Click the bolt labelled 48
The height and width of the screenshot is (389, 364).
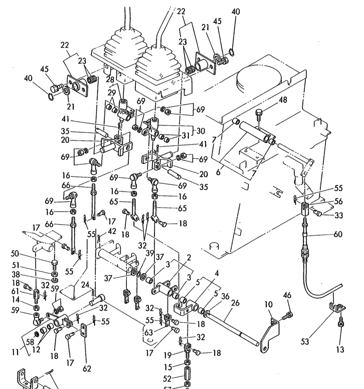point(258,114)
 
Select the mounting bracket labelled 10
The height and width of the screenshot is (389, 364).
point(271,331)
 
